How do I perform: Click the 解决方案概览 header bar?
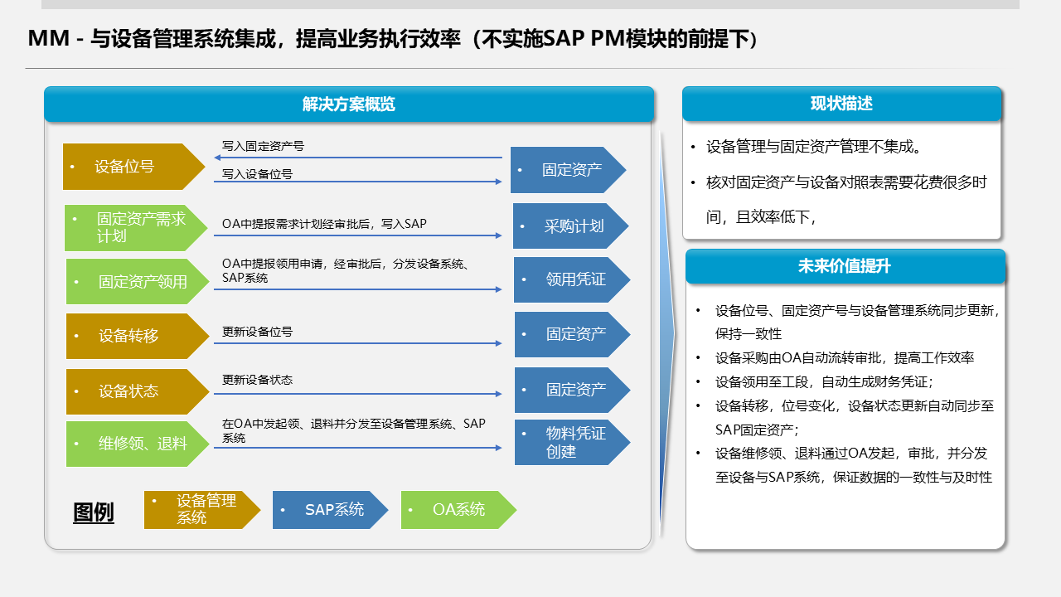348,104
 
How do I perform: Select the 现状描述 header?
841,104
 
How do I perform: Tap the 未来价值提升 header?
845,266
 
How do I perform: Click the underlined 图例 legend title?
94,512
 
